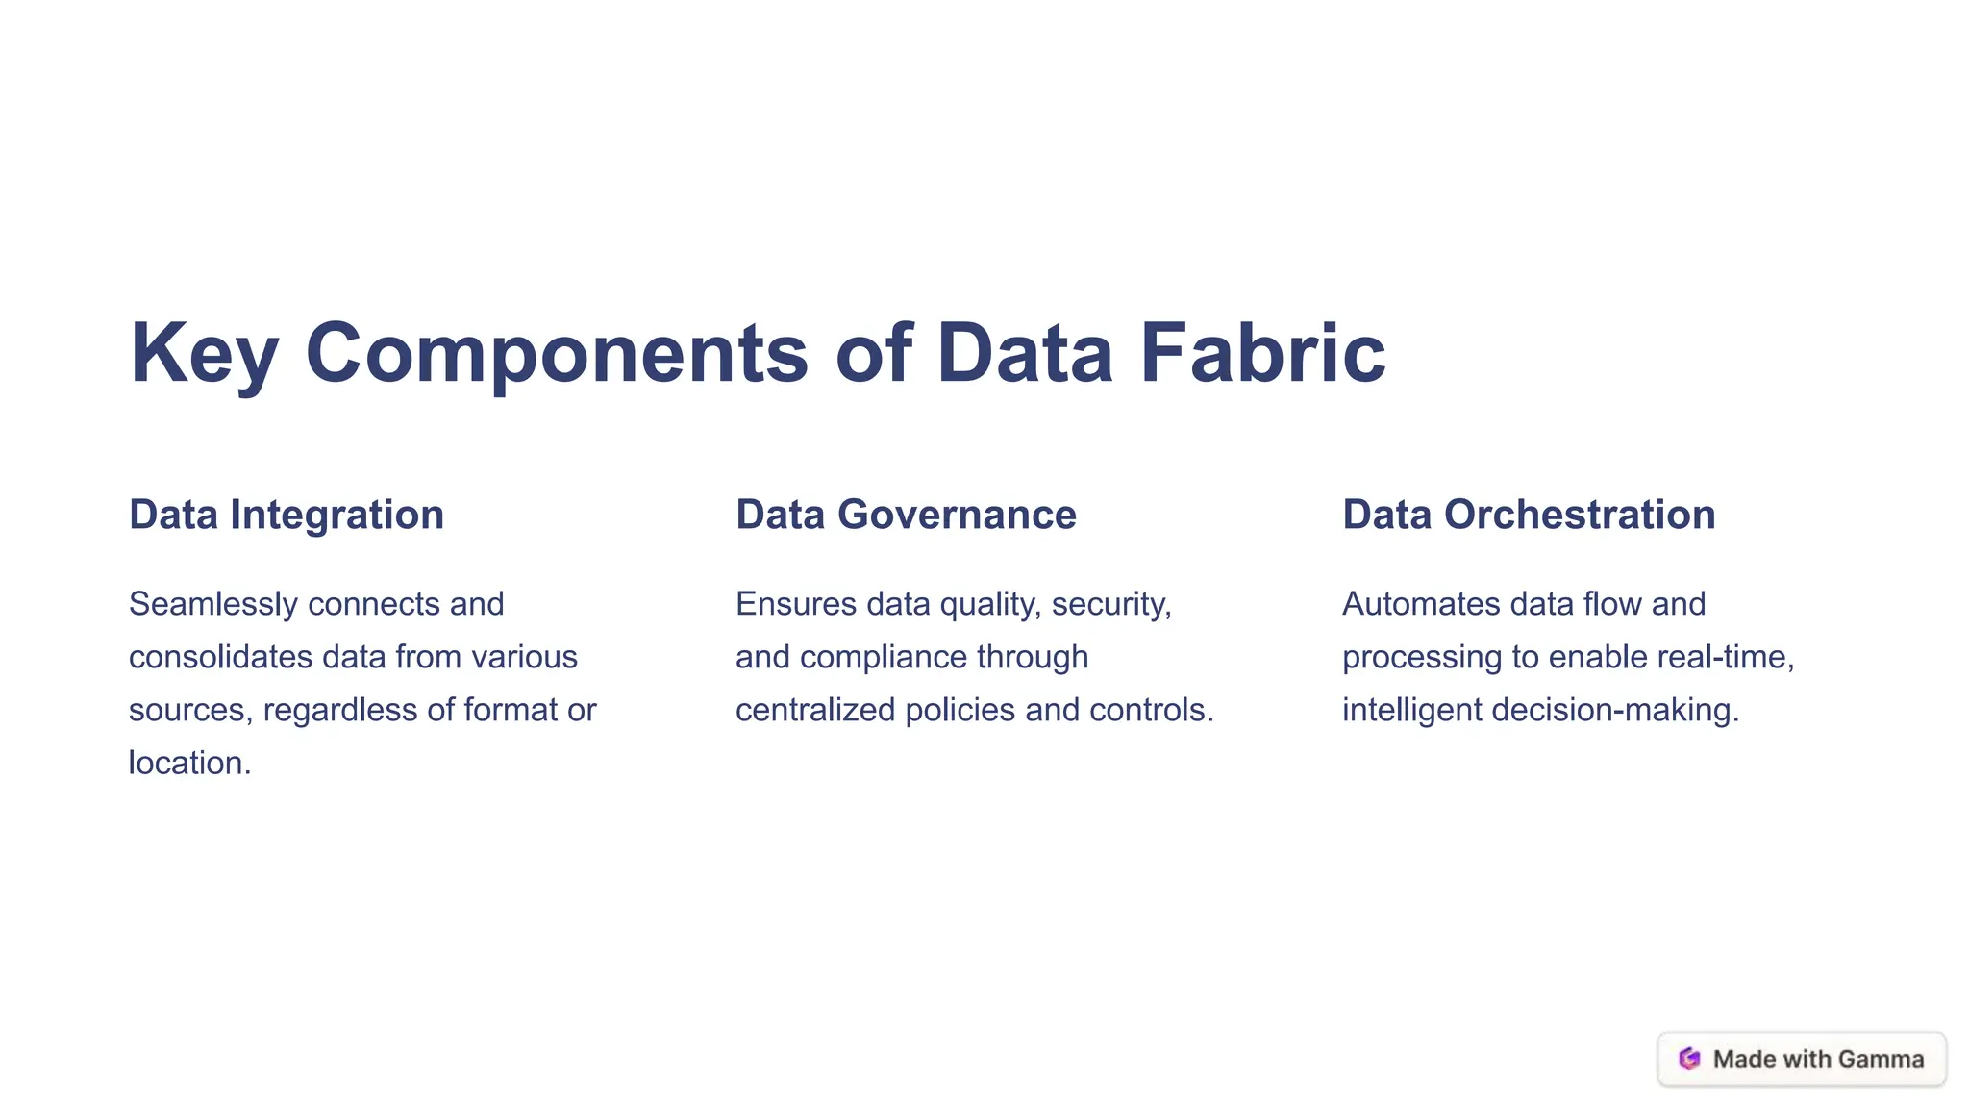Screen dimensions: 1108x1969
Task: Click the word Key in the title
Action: coord(204,354)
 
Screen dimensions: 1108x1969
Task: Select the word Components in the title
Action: coord(557,354)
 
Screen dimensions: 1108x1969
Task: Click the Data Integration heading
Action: coord(287,515)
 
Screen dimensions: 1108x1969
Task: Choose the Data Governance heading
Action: coord(906,515)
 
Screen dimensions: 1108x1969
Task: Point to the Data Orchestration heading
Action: coord(1529,515)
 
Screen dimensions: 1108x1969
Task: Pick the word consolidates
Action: coord(220,657)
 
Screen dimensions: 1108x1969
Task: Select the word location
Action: coord(188,763)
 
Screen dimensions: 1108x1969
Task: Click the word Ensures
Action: coord(795,604)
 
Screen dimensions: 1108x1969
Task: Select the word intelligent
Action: coord(1411,710)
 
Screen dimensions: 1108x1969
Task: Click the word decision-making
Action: coord(1615,710)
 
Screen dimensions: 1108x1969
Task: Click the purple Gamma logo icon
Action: coord(1689,1059)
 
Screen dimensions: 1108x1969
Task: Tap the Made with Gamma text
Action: coord(1818,1059)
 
